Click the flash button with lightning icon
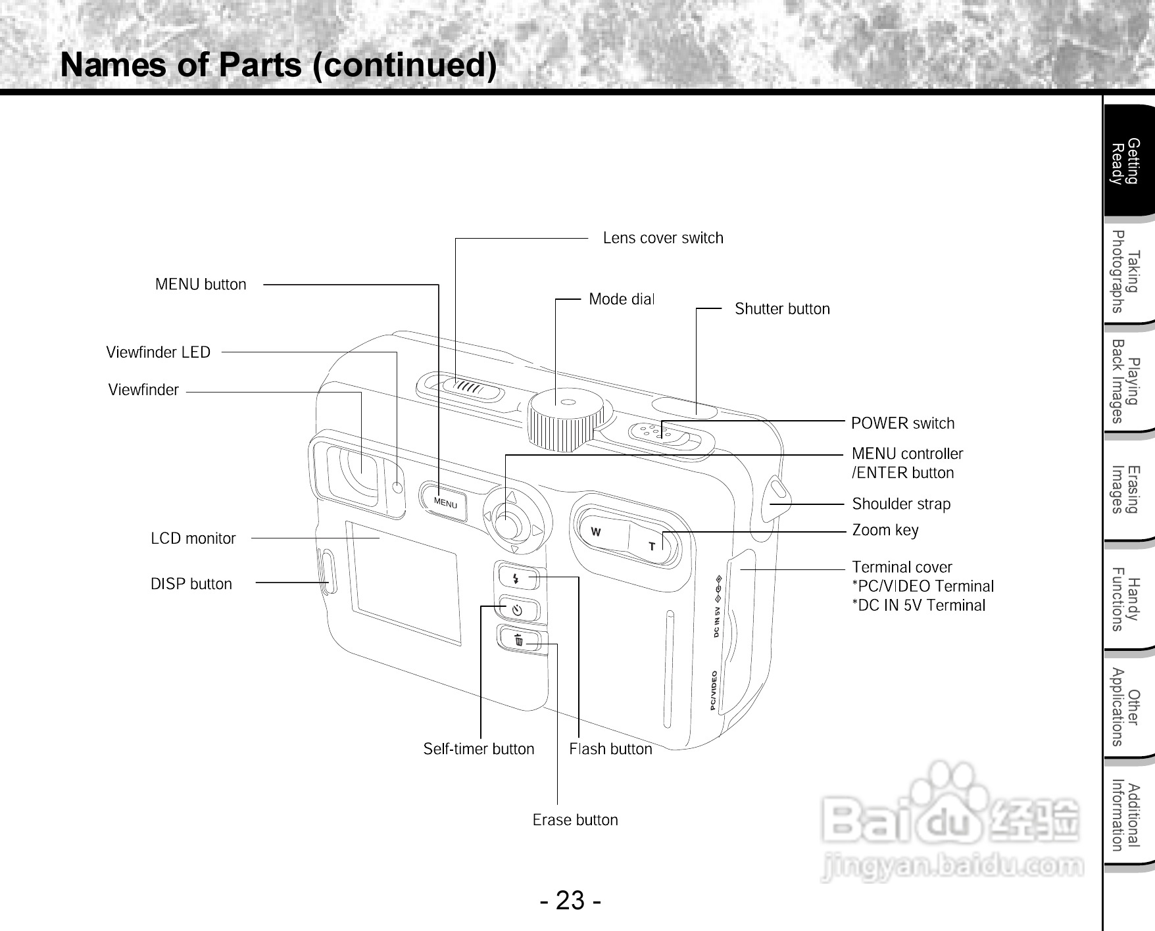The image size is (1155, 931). tap(518, 579)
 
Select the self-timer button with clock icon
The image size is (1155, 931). tap(519, 609)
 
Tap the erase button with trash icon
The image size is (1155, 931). tap(520, 639)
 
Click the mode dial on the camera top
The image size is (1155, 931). tap(566, 420)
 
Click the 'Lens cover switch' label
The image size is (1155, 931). tap(663, 238)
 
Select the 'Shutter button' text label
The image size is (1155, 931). tap(782, 309)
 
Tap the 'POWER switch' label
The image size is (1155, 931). tap(902, 423)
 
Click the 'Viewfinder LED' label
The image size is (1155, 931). tap(159, 352)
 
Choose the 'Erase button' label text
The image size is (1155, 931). tap(576, 820)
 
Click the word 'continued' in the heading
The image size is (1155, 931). tap(404, 65)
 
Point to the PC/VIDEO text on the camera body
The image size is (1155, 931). tap(714, 691)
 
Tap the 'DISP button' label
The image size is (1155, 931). tap(191, 584)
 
